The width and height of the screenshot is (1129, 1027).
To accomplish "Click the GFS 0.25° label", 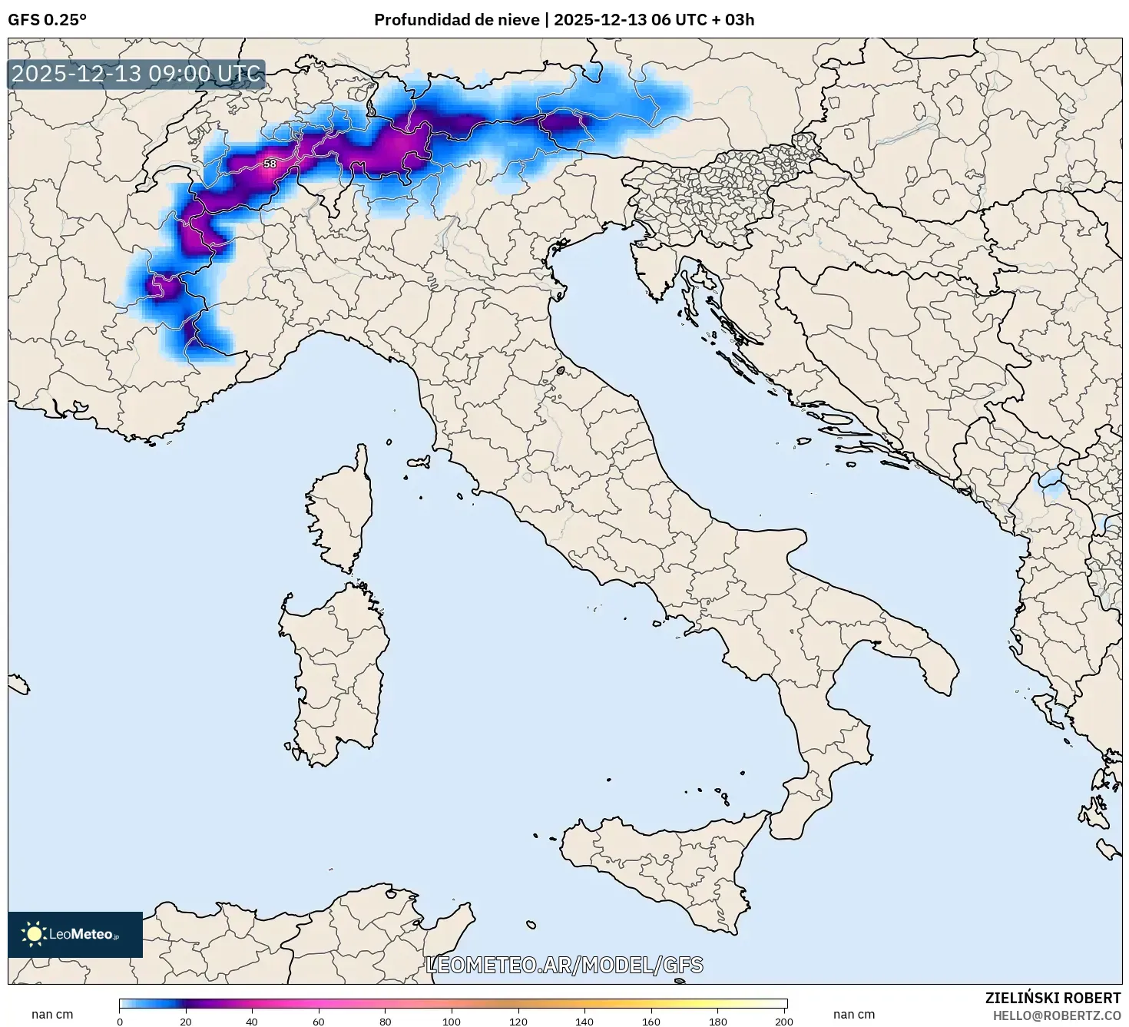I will click(x=47, y=20).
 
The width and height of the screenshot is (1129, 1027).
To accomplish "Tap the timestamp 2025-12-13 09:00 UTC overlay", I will click(x=136, y=74).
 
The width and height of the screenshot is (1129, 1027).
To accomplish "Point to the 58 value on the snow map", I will click(x=270, y=164).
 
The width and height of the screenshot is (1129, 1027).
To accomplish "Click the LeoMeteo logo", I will click(x=75, y=934).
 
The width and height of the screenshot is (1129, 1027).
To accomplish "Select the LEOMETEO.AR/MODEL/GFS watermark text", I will click(x=564, y=965).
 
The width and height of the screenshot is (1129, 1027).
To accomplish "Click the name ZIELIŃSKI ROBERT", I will click(x=1052, y=998).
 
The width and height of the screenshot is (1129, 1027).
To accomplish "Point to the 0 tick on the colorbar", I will click(x=120, y=1022).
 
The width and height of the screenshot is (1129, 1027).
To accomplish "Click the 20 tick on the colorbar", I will click(x=186, y=1022).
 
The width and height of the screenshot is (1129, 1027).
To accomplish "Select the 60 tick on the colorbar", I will click(x=319, y=1022).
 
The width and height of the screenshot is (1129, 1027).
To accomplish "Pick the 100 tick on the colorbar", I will click(x=452, y=1022).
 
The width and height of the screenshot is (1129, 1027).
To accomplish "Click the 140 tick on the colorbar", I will click(x=584, y=1022).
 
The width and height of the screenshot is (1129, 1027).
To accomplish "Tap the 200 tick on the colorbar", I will click(x=783, y=1022).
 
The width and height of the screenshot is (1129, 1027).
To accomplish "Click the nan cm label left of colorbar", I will click(x=52, y=1015).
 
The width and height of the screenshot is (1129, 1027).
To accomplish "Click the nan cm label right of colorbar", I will click(x=853, y=1015).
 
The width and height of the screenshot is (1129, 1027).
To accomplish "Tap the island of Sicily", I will click(x=661, y=868).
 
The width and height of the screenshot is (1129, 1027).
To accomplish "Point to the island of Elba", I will click(x=419, y=462).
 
